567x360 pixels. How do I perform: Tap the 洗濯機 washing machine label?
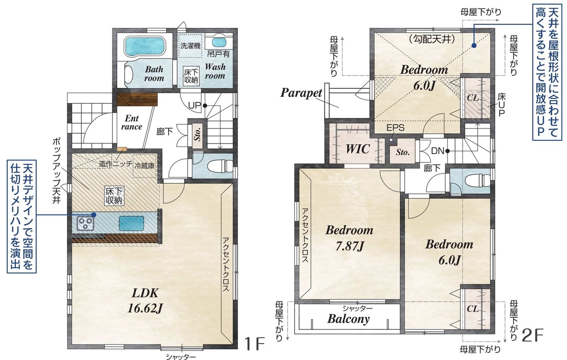coord(190,45)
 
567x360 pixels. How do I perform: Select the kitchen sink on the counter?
coord(131,223)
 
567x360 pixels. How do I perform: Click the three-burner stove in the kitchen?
coord(86,223)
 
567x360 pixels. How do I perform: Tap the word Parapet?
coord(301,93)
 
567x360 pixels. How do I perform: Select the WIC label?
coord(358,149)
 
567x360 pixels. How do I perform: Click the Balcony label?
coord(349,319)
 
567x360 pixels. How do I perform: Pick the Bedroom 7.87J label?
coord(349,238)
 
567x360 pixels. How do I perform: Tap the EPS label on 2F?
coord(395,128)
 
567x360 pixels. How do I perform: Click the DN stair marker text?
coord(438,151)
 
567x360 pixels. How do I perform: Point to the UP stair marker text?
coord(194,105)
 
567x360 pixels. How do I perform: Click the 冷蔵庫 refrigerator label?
coord(145,166)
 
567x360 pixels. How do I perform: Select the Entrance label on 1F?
coord(131,122)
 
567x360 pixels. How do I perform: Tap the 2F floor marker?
coord(533,335)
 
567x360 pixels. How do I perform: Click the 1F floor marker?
coord(255,343)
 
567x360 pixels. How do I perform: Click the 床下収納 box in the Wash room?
coord(192,76)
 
